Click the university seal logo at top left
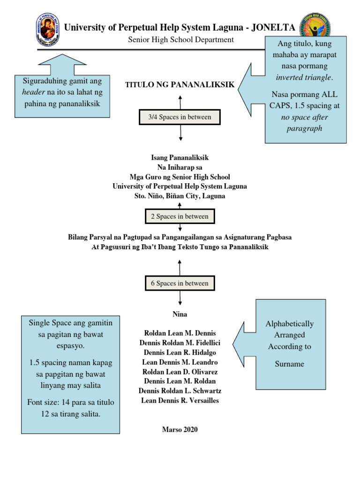47,29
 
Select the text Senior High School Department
181,40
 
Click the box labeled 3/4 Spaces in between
180,117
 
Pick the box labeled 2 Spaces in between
180,217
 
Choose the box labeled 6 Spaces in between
180,284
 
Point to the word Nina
180,314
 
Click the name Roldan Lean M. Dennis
180,333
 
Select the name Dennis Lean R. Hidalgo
180,352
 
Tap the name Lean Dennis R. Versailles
180,400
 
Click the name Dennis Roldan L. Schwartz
180,391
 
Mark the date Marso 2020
180,429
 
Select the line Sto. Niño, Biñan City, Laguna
180,196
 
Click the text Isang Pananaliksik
180,158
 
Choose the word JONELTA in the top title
273,28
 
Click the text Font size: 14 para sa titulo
71,402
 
